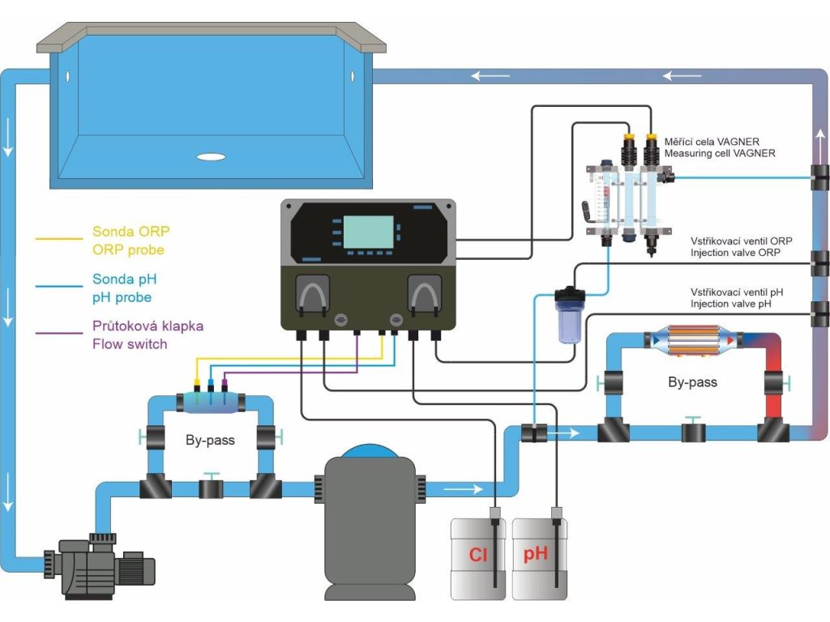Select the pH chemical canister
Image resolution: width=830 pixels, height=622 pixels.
tap(539, 559)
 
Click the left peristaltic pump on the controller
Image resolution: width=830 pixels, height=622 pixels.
tap(312, 296)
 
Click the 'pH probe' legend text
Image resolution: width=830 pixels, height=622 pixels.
tap(122, 297)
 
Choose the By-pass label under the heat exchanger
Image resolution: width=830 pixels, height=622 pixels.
tap(692, 381)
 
